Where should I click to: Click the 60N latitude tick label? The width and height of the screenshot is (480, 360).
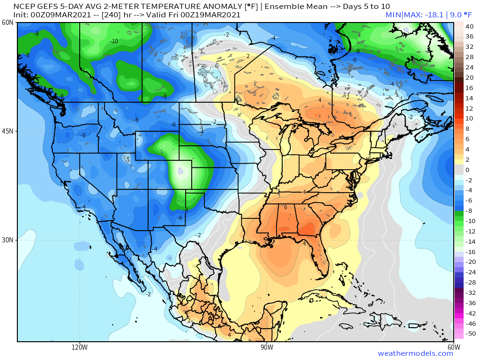(7, 22)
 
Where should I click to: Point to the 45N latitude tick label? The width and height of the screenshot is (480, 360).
(7, 131)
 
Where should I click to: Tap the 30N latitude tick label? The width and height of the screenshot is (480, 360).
(7, 240)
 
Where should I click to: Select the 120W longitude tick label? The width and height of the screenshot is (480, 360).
(80, 347)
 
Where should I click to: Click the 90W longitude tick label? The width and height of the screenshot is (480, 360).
(267, 347)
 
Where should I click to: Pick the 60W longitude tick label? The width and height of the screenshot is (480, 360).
(453, 347)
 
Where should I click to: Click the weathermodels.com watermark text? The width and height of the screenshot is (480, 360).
(415, 353)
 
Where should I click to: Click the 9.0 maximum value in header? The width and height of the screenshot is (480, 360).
(458, 15)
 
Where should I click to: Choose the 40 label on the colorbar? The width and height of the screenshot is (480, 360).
(467, 27)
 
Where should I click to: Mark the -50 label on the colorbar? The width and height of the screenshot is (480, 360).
(468, 333)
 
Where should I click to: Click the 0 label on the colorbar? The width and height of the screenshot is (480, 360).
(467, 170)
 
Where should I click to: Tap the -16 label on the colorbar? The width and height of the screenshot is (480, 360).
(468, 252)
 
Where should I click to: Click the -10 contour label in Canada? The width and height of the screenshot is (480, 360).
(114, 41)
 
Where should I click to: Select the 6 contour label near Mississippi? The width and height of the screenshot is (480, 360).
(285, 207)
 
